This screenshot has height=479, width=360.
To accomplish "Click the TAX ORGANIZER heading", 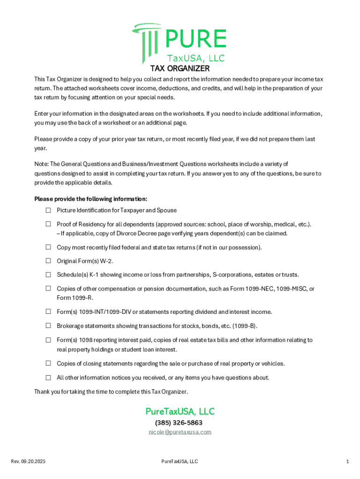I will pyautogui.click(x=180, y=68).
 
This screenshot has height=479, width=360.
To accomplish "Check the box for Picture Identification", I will pyautogui.click(x=48, y=210).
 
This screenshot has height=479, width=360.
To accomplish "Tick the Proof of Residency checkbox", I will pyautogui.click(x=48, y=224).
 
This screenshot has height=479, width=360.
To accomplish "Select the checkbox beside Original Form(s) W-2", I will pyautogui.click(x=48, y=261).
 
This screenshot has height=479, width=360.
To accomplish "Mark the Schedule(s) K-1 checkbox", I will pyautogui.click(x=48, y=275).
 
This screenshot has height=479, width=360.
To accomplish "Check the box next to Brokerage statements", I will pyautogui.click(x=48, y=326).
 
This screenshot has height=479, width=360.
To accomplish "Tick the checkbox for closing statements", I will pyautogui.click(x=48, y=363).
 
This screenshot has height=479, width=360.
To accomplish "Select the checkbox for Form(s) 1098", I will pyautogui.click(x=48, y=340).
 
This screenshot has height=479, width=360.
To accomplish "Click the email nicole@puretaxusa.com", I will pyautogui.click(x=180, y=432).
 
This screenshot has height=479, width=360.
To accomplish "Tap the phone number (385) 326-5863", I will pyautogui.click(x=180, y=423).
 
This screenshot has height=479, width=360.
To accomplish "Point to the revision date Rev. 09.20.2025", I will pyautogui.click(x=28, y=462).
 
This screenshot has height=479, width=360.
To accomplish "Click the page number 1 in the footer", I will pyautogui.click(x=347, y=462).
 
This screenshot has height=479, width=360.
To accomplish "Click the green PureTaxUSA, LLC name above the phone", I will pyautogui.click(x=180, y=412).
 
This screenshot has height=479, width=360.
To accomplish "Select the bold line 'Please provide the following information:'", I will pyautogui.click(x=91, y=199).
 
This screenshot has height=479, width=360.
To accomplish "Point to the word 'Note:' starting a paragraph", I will pyautogui.click(x=41, y=164).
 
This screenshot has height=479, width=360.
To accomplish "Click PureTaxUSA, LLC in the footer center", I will pyautogui.click(x=180, y=462).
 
